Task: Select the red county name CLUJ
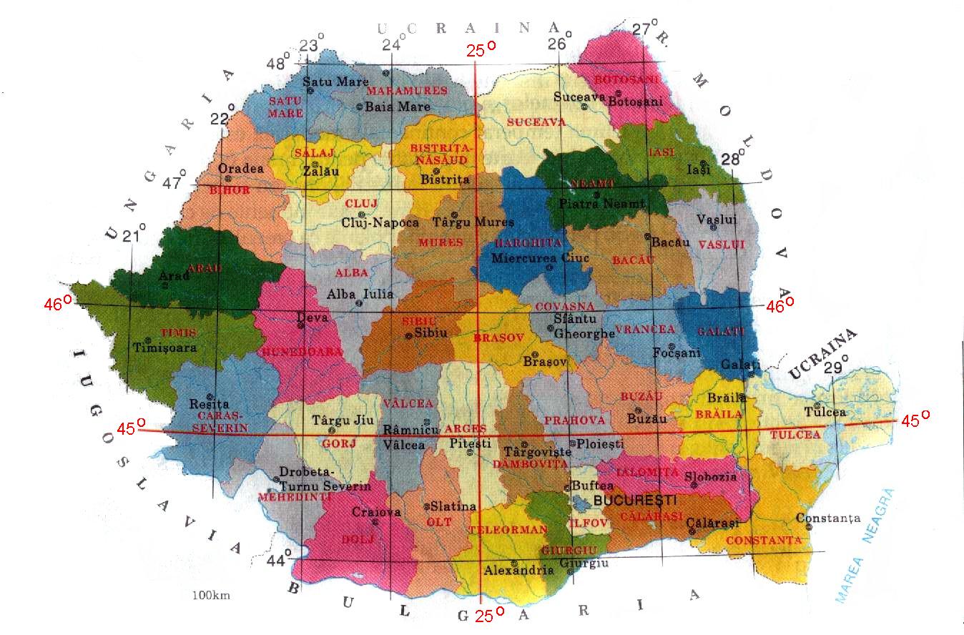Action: (x=361, y=204)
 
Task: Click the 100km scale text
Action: (x=211, y=595)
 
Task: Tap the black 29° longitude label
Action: (x=835, y=368)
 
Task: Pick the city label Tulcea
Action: (x=825, y=413)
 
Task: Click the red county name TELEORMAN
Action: (x=507, y=530)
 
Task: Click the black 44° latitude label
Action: (x=280, y=558)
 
